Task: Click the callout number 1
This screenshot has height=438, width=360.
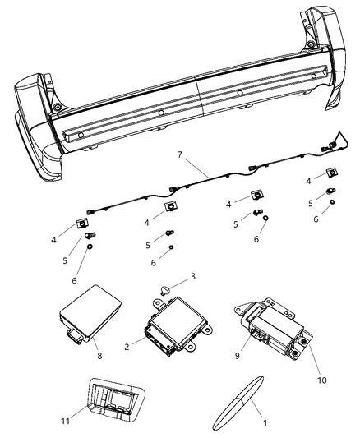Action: [264, 422]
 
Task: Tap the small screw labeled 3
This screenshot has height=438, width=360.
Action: [167, 289]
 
